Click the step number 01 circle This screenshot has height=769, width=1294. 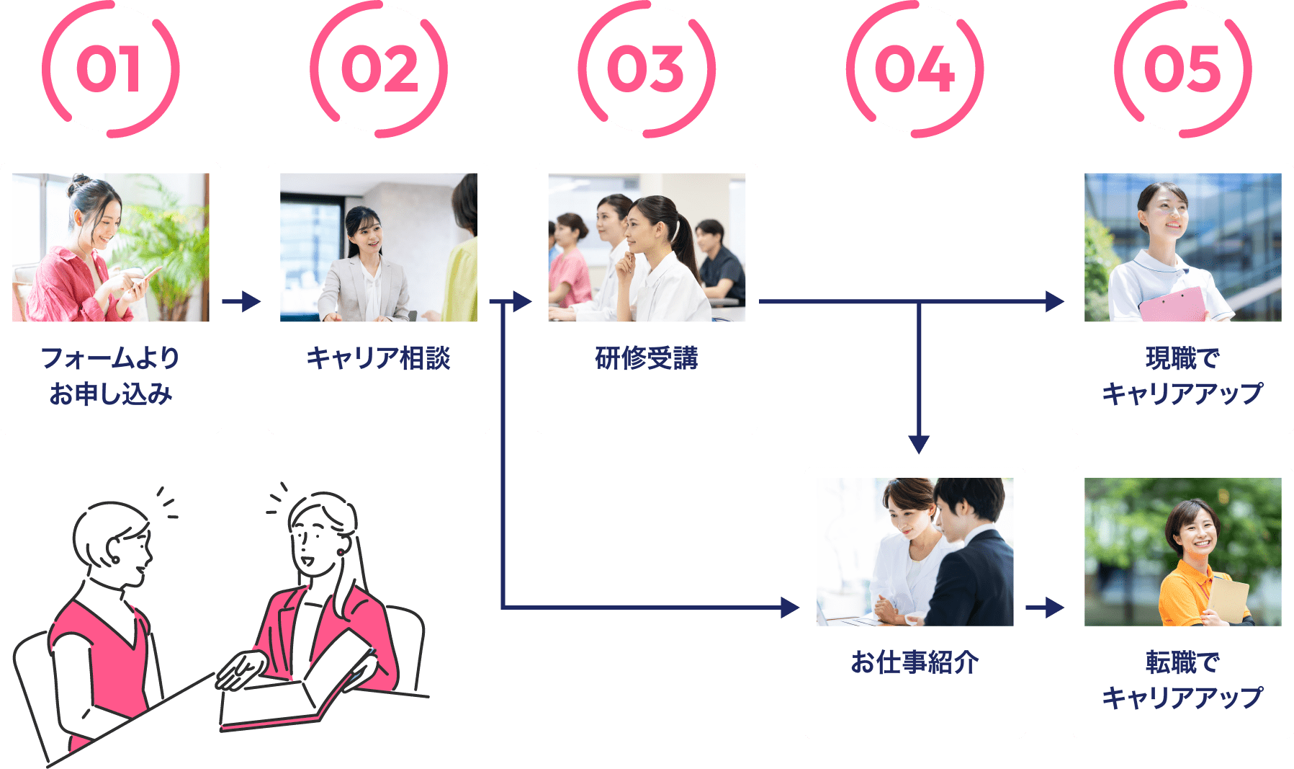coord(110,70)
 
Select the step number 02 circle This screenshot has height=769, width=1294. coord(379,70)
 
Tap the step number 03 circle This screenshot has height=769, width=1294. coord(646,70)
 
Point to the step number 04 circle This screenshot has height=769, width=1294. coord(915,70)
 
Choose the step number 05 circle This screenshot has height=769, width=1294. coord(1182,70)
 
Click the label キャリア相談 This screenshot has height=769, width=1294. coord(378,358)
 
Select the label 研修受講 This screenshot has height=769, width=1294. coord(646,358)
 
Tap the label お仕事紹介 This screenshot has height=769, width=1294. coord(915,662)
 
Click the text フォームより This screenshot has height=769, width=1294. coord(110,357)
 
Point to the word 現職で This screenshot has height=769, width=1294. coord(1182,357)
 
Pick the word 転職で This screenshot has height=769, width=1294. coord(1182,662)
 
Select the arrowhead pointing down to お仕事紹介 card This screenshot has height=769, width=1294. coord(918,445)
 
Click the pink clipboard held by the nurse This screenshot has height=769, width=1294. coord(1172,304)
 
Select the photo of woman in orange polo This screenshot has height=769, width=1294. coord(1182,552)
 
